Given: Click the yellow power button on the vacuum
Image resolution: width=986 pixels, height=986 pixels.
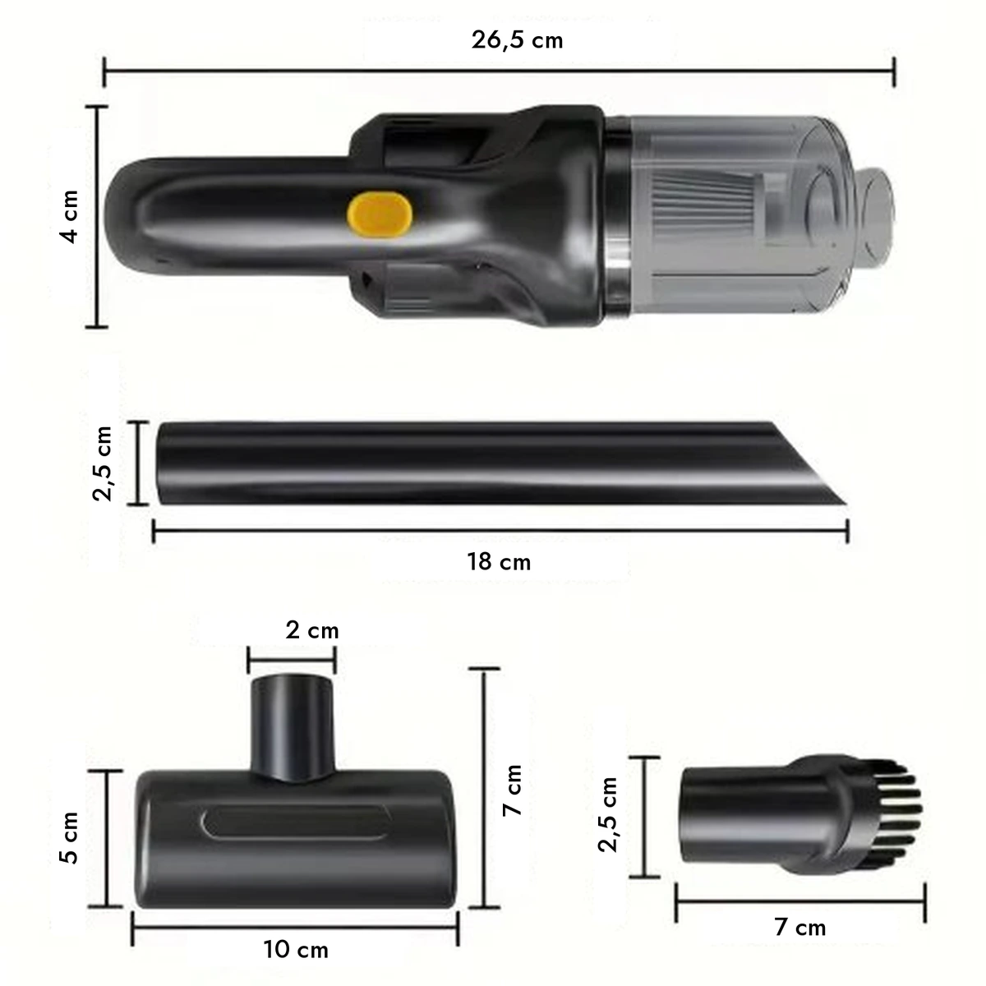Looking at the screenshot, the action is pos(380,215).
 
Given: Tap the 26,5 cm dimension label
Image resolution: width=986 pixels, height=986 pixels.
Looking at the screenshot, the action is pos(517,40).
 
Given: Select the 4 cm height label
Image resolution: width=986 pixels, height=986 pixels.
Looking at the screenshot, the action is pos(69,216).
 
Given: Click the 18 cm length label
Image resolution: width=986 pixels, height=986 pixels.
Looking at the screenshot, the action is pos(499,562).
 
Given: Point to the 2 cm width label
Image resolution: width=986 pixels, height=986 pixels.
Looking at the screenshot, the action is pos(312,630).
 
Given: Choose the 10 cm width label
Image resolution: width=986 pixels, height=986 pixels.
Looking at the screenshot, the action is pos(296,950).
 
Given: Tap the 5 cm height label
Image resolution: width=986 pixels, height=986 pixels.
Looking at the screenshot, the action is pos(69,837).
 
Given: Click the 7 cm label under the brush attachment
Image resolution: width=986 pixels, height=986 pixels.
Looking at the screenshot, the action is pos(799,927).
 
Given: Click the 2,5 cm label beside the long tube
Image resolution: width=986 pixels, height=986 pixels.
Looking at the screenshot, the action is pos(102,463).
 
